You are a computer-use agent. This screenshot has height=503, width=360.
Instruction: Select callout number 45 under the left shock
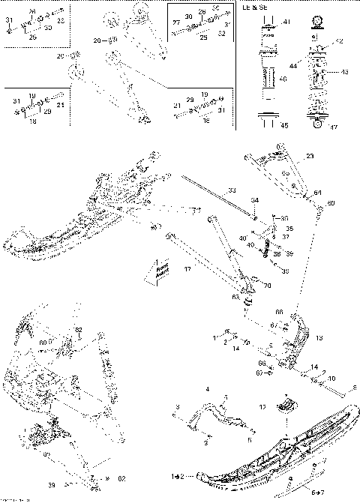pos(284,125)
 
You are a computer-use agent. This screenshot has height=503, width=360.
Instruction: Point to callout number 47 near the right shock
pos(334,127)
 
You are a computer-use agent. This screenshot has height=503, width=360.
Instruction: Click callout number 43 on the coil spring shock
pos(344,72)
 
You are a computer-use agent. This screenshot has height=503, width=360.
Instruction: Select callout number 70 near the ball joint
pos(263,286)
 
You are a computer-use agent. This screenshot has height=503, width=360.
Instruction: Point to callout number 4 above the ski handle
pos(207,390)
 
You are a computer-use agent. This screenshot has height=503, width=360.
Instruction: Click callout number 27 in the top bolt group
pos(175,23)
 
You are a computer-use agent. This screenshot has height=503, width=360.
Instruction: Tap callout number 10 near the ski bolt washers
pos(331,379)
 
